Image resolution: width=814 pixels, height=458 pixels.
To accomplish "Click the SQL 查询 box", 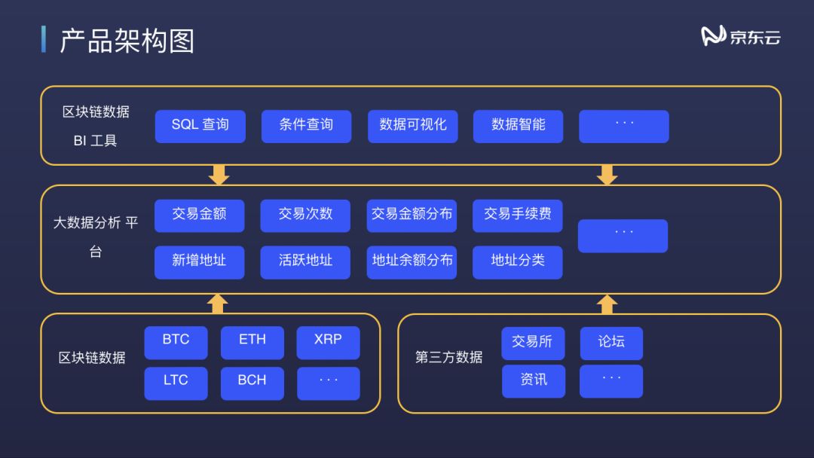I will click(x=200, y=126).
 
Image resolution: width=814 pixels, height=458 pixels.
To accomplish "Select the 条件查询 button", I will click(x=306, y=126).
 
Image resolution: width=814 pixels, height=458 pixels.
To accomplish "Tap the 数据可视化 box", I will click(x=413, y=126).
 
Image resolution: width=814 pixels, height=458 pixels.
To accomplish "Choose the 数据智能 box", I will click(x=518, y=126).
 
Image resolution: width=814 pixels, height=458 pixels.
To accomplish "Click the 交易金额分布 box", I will click(x=412, y=215).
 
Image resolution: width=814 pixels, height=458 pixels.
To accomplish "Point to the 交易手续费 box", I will click(x=517, y=215).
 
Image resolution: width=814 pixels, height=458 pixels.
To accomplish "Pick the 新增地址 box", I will click(x=199, y=262).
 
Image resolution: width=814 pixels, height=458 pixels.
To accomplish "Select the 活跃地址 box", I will click(x=305, y=262).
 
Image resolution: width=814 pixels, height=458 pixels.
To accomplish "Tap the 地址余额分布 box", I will click(x=412, y=262).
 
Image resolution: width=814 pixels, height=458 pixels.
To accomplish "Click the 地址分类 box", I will click(x=517, y=262).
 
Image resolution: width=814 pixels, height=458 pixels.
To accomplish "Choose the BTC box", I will click(x=176, y=342).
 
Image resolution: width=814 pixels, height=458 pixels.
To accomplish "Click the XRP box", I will click(x=328, y=342).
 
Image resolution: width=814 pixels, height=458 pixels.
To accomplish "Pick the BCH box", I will click(x=252, y=383).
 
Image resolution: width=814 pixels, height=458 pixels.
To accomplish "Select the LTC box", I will click(x=176, y=383).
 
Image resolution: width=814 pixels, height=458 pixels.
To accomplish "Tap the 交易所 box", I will click(x=533, y=343).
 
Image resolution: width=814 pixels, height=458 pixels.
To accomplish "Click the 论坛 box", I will click(x=610, y=343).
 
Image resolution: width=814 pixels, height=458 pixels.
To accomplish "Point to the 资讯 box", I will click(x=533, y=381).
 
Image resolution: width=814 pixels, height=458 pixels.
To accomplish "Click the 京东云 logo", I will click(x=741, y=36).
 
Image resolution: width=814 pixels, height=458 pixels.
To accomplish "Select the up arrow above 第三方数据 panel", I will click(x=607, y=304).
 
